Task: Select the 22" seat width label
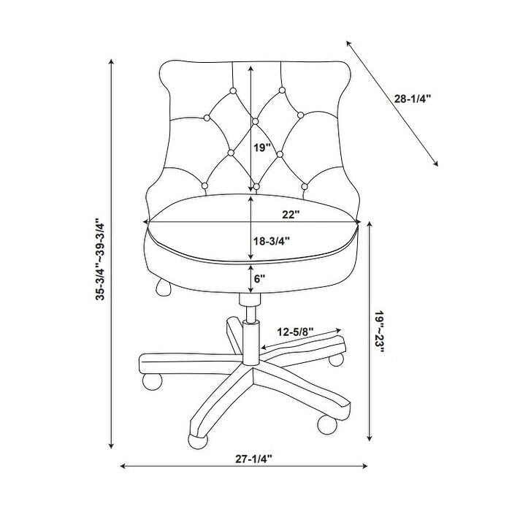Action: pos(292,213)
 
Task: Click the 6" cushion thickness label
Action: pos(260,278)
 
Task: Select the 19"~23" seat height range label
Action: pos(380,333)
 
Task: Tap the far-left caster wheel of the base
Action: pos(150,381)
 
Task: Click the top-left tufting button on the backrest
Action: pos(232,91)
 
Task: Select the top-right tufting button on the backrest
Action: pos(280,91)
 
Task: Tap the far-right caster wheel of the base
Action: pos(337,360)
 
